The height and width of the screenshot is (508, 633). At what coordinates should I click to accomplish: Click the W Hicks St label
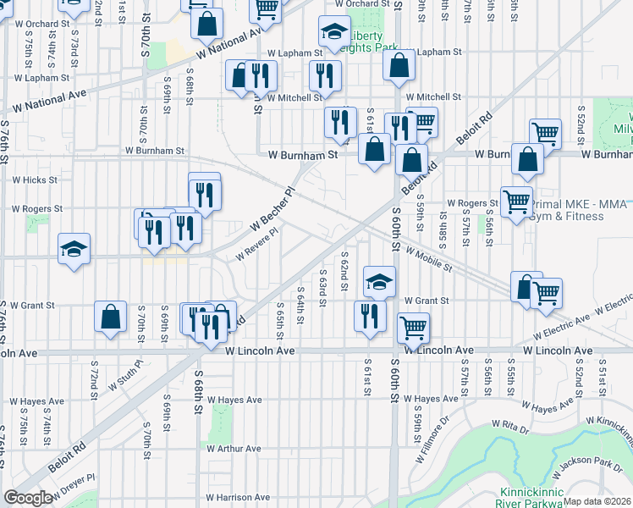point(34,180)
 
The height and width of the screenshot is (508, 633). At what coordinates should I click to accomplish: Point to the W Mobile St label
point(428,259)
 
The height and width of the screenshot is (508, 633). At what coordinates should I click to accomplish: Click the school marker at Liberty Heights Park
point(334,32)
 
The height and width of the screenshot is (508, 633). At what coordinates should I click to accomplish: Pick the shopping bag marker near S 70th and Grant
point(111,318)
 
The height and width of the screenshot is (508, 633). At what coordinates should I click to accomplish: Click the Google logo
point(28,498)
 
